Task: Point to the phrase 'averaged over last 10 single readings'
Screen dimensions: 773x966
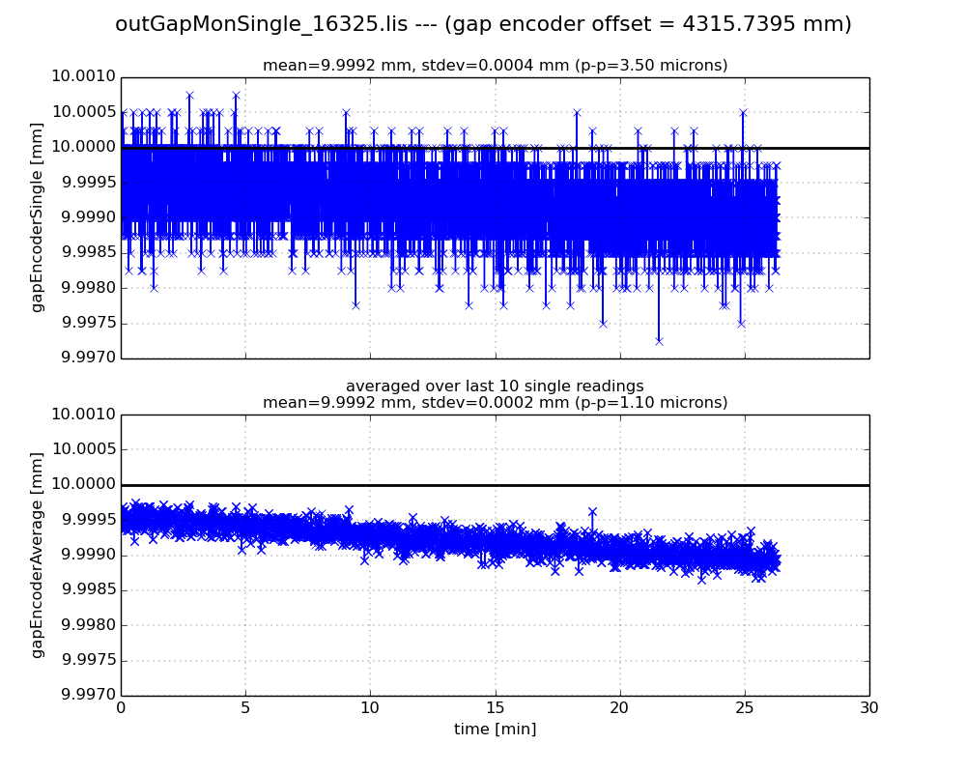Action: (495, 386)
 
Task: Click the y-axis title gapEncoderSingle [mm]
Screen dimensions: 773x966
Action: (38, 217)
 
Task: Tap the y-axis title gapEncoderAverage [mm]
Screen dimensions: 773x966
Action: (38, 555)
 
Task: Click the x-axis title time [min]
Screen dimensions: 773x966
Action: (495, 730)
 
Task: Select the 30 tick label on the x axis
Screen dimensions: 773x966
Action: (869, 707)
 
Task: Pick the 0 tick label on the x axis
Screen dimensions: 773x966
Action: (121, 707)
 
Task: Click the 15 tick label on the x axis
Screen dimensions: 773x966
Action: (495, 707)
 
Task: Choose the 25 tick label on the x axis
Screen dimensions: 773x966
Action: (745, 707)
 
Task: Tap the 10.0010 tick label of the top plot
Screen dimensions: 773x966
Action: (83, 77)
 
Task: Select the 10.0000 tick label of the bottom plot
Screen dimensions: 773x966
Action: (83, 485)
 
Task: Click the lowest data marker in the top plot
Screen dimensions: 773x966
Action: (659, 341)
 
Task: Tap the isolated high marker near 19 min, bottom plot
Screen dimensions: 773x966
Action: (592, 512)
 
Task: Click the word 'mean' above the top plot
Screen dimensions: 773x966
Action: (283, 66)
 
